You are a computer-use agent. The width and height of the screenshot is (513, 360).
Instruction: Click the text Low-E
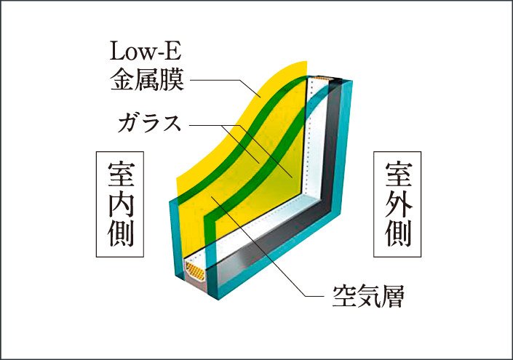(x=146, y=51)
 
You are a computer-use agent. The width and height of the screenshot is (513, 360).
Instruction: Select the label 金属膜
(x=147, y=79)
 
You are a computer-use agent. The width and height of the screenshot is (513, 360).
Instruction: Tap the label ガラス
(x=150, y=123)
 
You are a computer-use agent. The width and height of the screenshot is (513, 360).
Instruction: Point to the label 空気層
(x=368, y=296)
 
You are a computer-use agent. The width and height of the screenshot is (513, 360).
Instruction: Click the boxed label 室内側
(x=120, y=204)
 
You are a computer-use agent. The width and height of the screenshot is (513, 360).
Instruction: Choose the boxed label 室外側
(x=397, y=204)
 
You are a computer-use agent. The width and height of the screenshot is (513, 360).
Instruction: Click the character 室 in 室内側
(x=120, y=174)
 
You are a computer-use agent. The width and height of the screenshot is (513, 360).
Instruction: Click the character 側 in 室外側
(x=398, y=234)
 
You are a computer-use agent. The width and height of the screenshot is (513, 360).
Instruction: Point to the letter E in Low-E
(x=173, y=51)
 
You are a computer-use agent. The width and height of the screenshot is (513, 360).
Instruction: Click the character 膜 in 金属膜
(x=172, y=79)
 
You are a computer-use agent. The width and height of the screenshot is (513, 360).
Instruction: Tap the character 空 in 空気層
(x=344, y=296)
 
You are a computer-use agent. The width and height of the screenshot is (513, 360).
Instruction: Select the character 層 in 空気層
(x=393, y=296)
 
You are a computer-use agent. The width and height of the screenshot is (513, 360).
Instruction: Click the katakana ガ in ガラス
(x=130, y=123)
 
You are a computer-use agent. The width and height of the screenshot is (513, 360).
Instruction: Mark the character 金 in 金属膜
(x=122, y=79)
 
